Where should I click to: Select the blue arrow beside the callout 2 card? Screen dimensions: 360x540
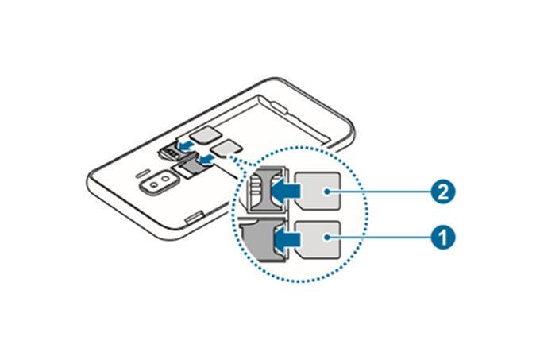coord(283,191)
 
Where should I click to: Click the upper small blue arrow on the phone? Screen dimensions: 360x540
coord(185,144)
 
